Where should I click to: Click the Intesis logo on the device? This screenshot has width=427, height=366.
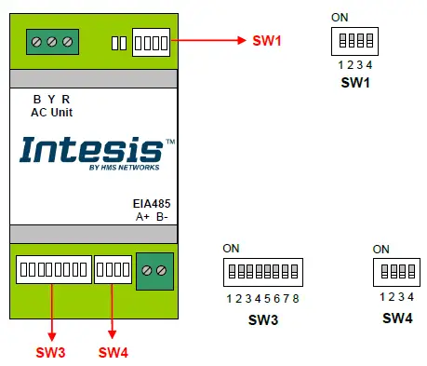[91, 149]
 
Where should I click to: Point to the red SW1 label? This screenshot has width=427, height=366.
[266, 41]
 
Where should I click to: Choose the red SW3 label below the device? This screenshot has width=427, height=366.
[50, 352]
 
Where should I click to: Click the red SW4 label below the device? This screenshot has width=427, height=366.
[113, 352]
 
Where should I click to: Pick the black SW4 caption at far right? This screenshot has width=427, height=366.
[397, 319]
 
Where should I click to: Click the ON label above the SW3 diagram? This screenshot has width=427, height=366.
[231, 249]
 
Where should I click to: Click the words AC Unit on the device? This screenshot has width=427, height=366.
[52, 113]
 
